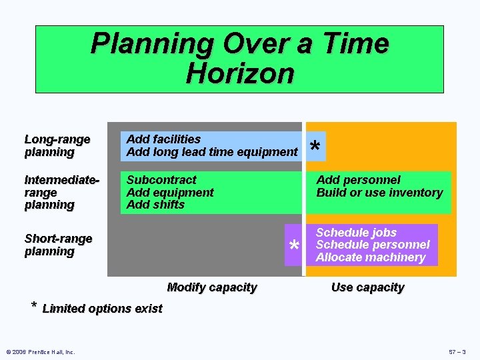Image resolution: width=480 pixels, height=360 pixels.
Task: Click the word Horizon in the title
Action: (x=240, y=73)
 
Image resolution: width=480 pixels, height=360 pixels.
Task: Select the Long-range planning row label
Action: (x=57, y=145)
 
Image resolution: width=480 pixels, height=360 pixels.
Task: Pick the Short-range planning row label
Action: (x=58, y=245)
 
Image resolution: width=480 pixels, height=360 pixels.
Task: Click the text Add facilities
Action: (x=163, y=139)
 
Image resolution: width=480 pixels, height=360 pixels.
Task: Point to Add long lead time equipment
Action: (x=211, y=151)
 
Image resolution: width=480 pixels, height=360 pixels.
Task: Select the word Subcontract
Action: (x=161, y=179)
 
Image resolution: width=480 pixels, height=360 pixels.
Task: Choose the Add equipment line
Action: (x=170, y=192)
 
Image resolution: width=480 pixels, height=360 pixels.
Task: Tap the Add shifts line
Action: (x=155, y=205)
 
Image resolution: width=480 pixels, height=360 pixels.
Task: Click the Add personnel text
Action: (x=358, y=179)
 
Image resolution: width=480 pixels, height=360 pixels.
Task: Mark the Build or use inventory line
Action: (x=379, y=192)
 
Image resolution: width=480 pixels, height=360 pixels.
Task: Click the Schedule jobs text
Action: (x=356, y=232)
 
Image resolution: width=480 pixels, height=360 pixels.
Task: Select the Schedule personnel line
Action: (x=373, y=245)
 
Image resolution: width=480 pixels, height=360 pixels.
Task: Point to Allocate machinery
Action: (x=370, y=257)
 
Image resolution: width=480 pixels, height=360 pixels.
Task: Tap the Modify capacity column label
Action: (x=211, y=287)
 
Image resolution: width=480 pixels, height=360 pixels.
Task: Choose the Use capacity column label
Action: (x=367, y=287)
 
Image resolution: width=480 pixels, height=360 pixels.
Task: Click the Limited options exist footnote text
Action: (x=102, y=308)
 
